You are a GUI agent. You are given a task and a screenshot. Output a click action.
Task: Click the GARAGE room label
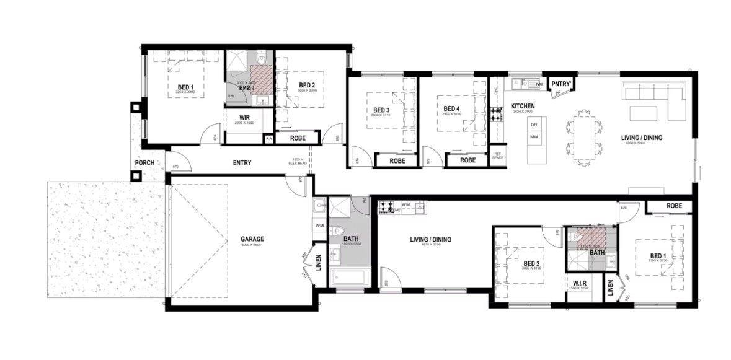click(x=252, y=239)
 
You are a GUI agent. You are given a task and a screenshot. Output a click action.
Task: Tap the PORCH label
click(x=144, y=164)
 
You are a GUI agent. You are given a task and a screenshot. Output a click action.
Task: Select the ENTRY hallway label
click(x=242, y=163)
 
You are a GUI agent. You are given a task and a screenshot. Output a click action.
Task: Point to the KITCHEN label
click(x=522, y=106)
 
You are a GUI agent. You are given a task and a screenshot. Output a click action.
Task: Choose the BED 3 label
click(x=381, y=110)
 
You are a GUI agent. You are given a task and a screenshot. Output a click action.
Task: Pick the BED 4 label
click(x=452, y=110)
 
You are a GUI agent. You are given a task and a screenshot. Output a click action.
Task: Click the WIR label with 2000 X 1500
click(x=246, y=117)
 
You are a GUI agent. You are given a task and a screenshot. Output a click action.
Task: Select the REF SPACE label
click(x=497, y=156)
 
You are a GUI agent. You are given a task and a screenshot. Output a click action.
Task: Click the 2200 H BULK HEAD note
click(x=297, y=162)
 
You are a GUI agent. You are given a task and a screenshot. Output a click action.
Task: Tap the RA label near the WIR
click(x=268, y=139)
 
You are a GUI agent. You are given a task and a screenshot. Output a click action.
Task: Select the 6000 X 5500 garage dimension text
click(x=252, y=245)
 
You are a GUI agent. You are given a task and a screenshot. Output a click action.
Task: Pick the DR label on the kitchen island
click(x=533, y=125)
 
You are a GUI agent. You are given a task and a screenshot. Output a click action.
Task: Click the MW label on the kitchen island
click(x=533, y=136)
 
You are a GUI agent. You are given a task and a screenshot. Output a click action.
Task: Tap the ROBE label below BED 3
click(x=397, y=160)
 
